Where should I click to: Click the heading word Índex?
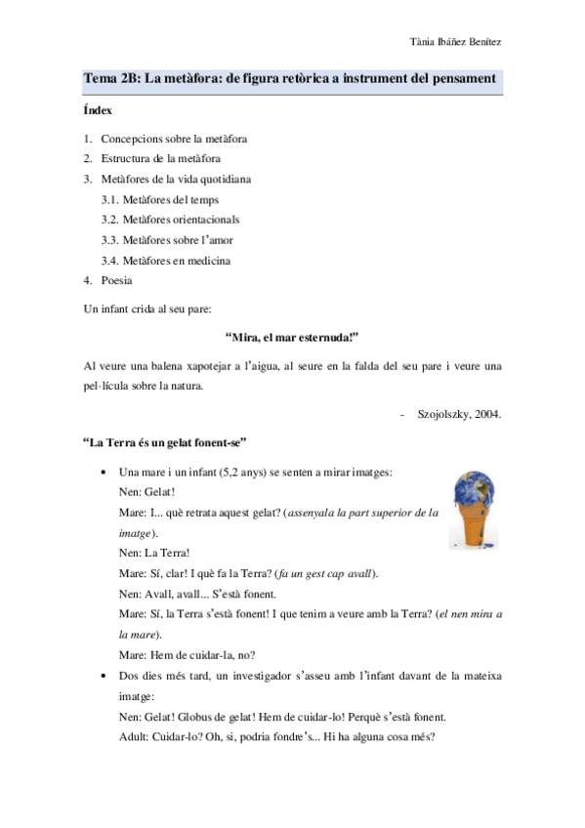pyautogui.click(x=99, y=110)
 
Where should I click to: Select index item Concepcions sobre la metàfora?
pyautogui.click(x=173, y=139)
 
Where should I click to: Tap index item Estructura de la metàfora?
pyautogui.click(x=160, y=157)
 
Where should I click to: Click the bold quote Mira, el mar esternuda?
pyautogui.click(x=292, y=337)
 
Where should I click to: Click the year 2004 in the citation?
pyautogui.click(x=487, y=414)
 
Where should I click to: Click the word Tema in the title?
pyautogui.click(x=99, y=78)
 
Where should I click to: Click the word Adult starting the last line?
pyautogui.click(x=131, y=737)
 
